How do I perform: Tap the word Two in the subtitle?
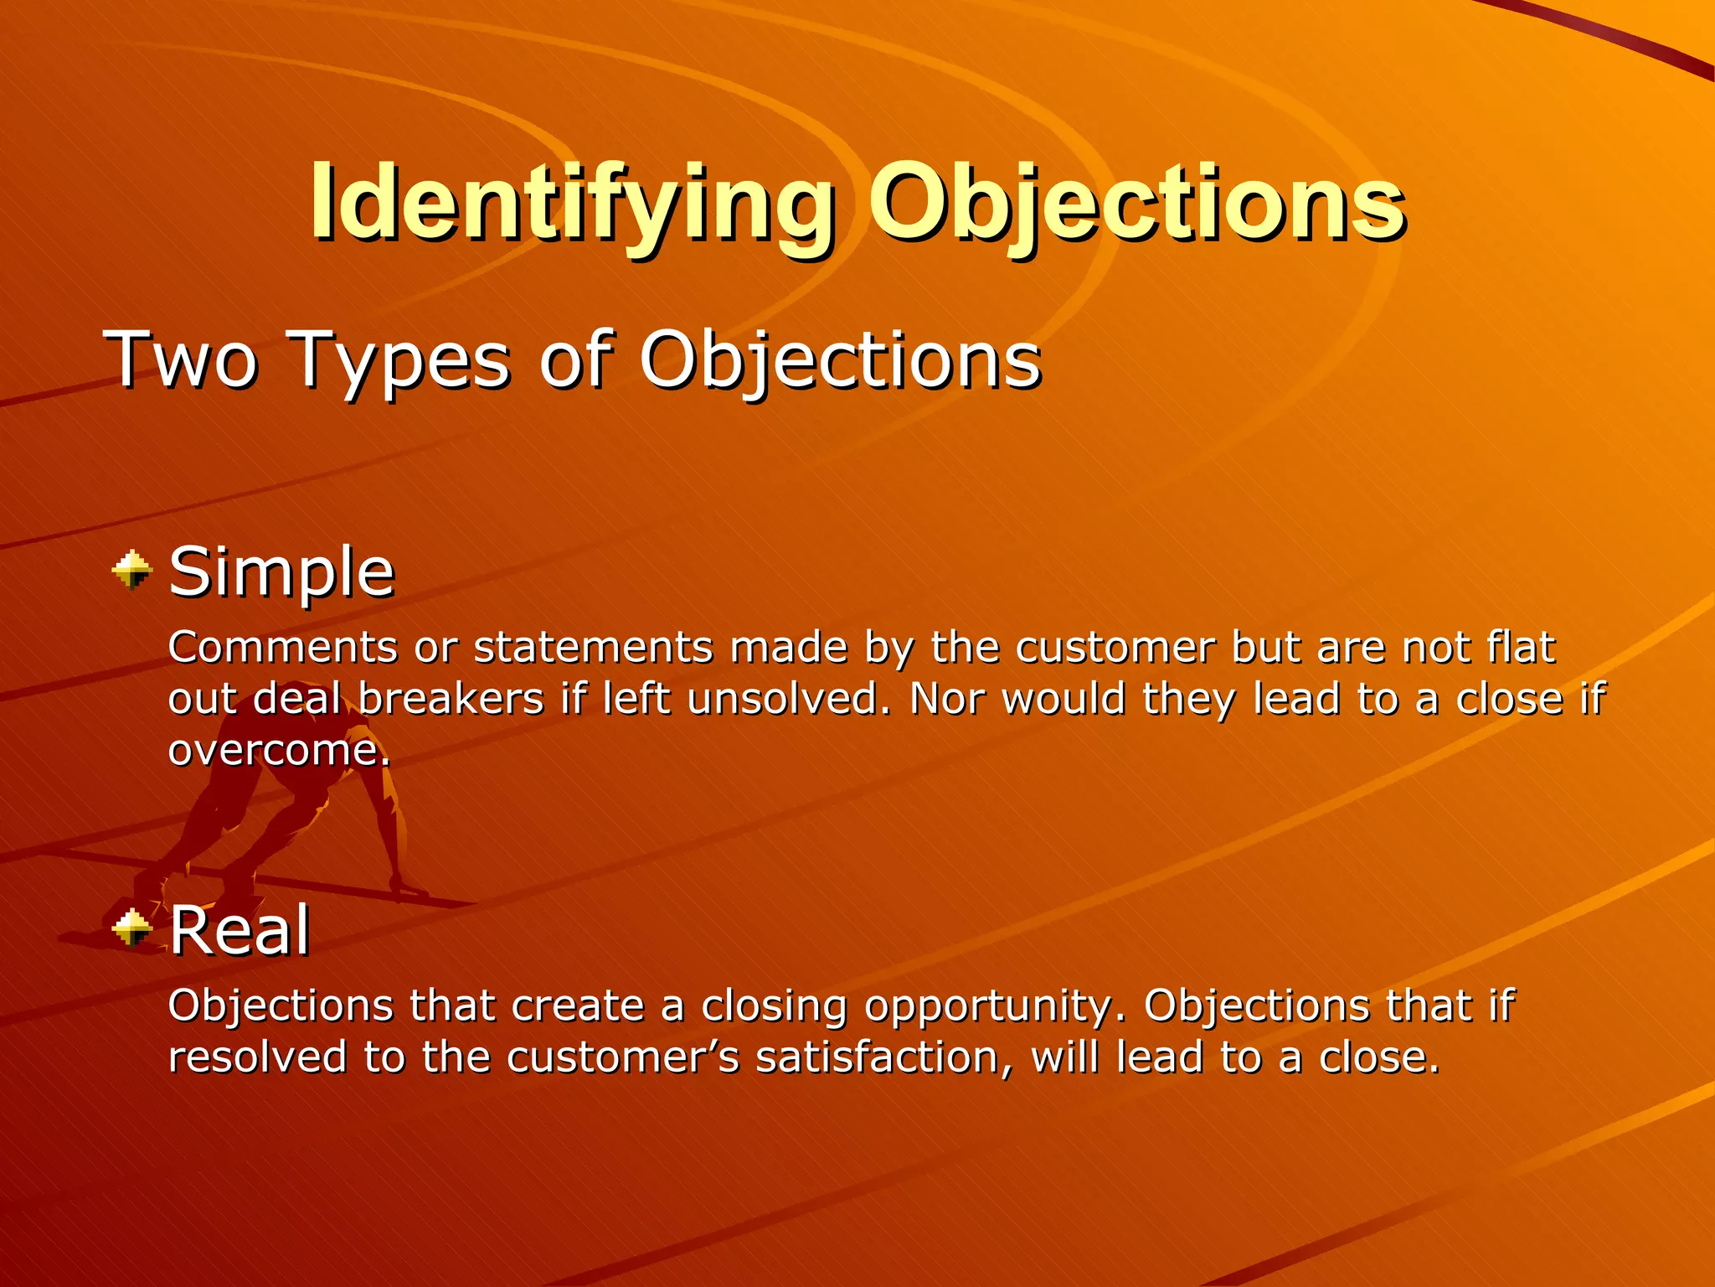tap(180, 359)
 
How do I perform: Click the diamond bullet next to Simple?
tap(132, 571)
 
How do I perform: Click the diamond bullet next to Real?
tap(132, 928)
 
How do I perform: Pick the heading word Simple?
tap(281, 571)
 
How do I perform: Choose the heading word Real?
tap(240, 930)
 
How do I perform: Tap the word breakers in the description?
tap(452, 698)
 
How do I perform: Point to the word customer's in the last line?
tap(623, 1057)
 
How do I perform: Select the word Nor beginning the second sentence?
tap(947, 698)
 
